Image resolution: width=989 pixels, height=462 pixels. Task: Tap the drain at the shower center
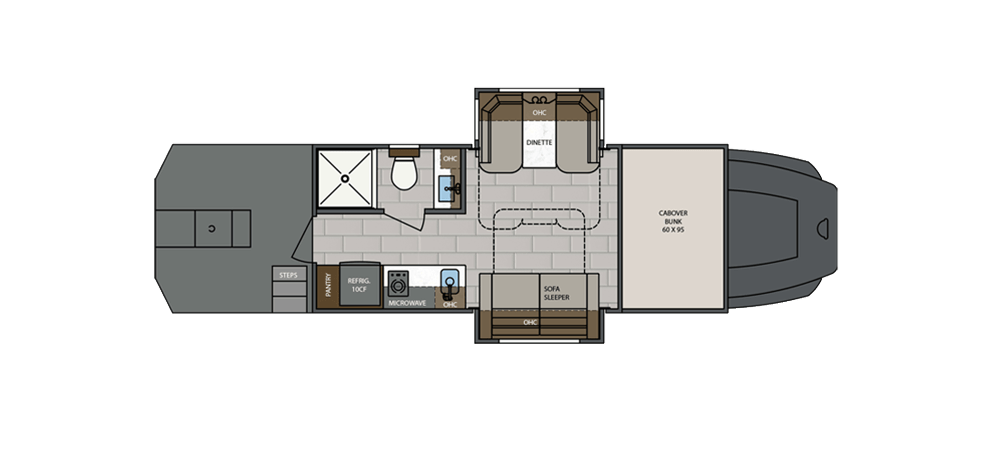coord(345,178)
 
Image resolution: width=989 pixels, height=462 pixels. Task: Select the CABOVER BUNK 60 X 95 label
coord(673,222)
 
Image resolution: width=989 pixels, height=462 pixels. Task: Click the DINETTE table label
coord(539,142)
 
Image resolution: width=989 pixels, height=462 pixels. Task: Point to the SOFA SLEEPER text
coord(557,293)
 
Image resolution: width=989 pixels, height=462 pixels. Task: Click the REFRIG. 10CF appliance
coord(357,285)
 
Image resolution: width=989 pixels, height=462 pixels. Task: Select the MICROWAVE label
coord(407,303)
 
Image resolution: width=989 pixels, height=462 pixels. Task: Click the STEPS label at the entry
coord(288,275)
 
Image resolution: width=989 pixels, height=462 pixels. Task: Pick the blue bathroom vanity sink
coord(447,187)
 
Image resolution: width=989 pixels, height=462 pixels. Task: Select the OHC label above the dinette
coord(539,113)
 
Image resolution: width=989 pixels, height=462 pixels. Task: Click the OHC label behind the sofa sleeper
coord(530,323)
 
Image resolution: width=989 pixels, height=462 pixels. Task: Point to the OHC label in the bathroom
coord(450,159)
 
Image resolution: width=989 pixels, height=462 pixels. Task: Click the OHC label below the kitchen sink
coord(450,304)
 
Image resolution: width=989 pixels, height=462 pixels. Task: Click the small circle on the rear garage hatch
coord(212,228)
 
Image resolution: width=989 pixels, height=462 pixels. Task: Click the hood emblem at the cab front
coord(824,229)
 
